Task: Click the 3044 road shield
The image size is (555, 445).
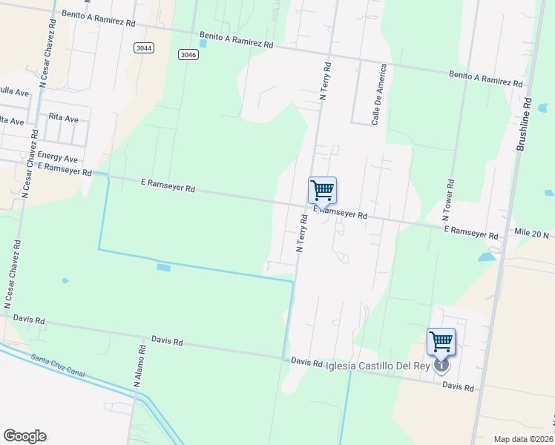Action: point(145,47)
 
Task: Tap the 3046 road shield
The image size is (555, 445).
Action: point(188,54)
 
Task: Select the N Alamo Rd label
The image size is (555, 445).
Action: point(138,366)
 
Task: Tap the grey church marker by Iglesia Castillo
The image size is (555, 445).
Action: point(441,365)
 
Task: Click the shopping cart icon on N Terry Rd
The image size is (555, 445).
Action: point(322,190)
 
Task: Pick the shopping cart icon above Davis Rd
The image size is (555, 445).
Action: point(441,341)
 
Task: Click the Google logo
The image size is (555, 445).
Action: point(24,435)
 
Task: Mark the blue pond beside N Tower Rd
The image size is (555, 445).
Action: point(487,257)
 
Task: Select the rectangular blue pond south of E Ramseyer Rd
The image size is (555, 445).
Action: point(163,267)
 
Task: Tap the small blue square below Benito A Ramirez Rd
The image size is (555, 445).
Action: point(204,43)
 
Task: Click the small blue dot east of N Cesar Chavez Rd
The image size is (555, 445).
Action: point(65,280)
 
